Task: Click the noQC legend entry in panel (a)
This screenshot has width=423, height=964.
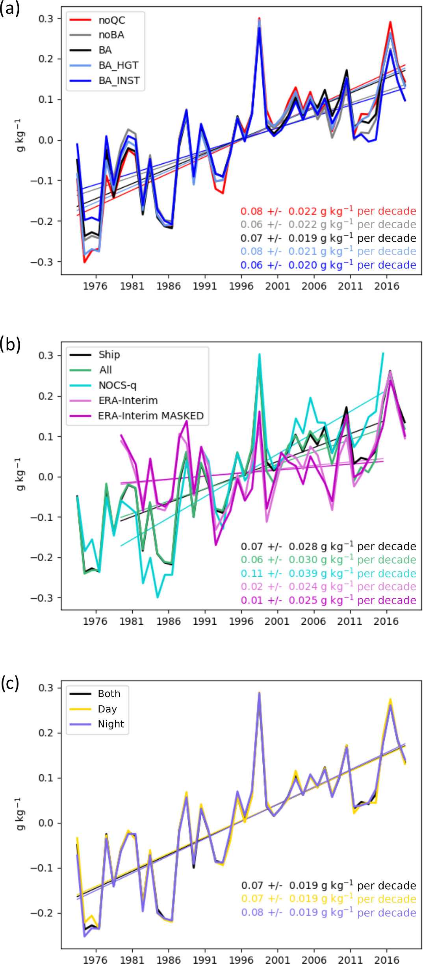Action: pos(112,20)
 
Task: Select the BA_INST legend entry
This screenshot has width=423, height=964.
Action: pos(119,81)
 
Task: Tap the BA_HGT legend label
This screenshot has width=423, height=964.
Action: pos(118,65)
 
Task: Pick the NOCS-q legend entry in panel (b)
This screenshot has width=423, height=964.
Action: pos(117,385)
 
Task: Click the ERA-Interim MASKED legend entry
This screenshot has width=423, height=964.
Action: pos(150,416)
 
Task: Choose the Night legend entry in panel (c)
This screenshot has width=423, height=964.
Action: pos(111,724)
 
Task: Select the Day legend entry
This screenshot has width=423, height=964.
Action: pos(107,709)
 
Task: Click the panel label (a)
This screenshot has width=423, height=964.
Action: pos(9,9)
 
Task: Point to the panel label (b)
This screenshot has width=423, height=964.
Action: pos(10,344)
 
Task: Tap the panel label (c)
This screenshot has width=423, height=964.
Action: pos(9,683)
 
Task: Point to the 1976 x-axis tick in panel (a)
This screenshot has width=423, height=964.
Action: pos(95,286)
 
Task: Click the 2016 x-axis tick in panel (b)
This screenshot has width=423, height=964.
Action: pos(386,621)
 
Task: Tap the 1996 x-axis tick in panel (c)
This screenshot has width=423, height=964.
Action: pos(241,960)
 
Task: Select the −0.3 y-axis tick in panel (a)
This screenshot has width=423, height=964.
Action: pos(41,262)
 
